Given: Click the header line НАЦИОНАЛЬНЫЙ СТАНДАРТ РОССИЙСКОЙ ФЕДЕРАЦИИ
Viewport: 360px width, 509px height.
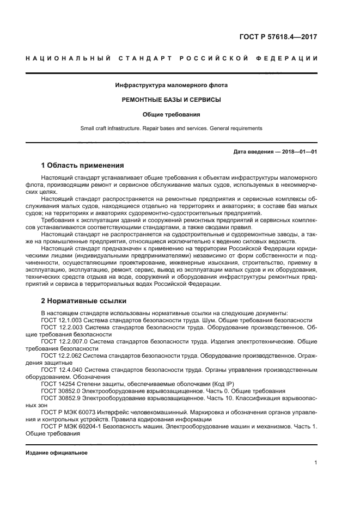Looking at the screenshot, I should coord(172,58).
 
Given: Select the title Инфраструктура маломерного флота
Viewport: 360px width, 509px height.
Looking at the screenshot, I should coord(172,85).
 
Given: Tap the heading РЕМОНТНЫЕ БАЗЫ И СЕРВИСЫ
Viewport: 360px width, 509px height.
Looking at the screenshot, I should coord(172,100).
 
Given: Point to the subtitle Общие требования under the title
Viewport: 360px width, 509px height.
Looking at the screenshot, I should coord(172,115).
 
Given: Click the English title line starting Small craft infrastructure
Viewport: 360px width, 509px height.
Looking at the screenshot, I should coord(172,128).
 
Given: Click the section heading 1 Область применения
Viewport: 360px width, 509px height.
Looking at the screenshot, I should coord(83,165).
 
